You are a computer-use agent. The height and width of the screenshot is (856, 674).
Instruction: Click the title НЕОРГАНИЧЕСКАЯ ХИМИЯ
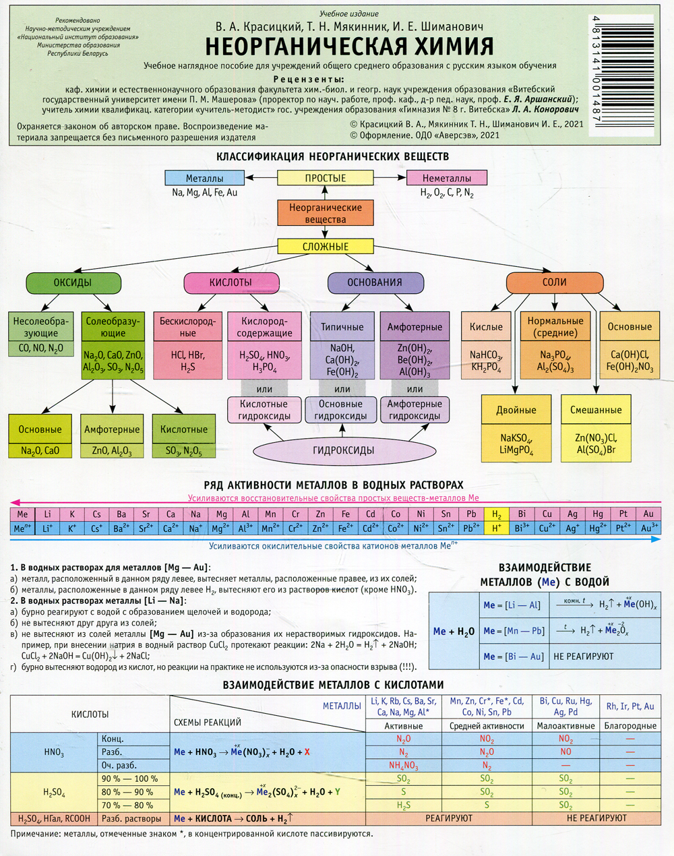(x=349, y=47)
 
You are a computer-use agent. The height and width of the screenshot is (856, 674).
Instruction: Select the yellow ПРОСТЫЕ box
(x=325, y=178)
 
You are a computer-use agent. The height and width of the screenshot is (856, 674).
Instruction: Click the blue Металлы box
(x=204, y=178)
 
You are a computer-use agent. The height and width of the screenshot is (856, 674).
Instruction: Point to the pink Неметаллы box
(x=446, y=178)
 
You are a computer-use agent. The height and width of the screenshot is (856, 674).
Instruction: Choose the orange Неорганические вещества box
(x=325, y=213)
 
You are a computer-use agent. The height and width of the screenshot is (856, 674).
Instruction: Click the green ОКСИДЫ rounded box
(x=73, y=282)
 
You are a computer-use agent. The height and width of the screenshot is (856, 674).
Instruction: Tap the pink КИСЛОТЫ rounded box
(x=231, y=282)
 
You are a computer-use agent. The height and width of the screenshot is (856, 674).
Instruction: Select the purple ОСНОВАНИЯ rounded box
(x=374, y=282)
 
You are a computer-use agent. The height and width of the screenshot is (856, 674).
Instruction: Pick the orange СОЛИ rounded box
(x=554, y=282)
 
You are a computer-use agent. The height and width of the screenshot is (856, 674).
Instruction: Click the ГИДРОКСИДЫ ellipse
(x=343, y=450)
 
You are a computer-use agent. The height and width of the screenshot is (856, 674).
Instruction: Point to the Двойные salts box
(x=516, y=410)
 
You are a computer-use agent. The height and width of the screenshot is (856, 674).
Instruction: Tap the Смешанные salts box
(x=596, y=410)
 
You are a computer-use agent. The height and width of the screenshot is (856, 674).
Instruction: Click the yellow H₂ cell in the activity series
(x=497, y=514)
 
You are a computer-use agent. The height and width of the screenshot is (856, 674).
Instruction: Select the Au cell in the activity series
(x=648, y=514)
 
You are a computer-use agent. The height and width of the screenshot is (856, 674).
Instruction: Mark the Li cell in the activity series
(x=47, y=514)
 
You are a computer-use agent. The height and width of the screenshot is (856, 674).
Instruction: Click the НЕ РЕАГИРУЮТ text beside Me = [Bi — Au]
(x=583, y=656)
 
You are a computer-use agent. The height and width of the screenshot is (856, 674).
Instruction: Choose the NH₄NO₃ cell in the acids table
(x=403, y=765)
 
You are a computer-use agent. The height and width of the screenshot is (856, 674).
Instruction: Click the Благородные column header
(x=630, y=726)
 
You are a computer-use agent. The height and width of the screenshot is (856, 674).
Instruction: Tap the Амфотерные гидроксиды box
(x=415, y=410)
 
